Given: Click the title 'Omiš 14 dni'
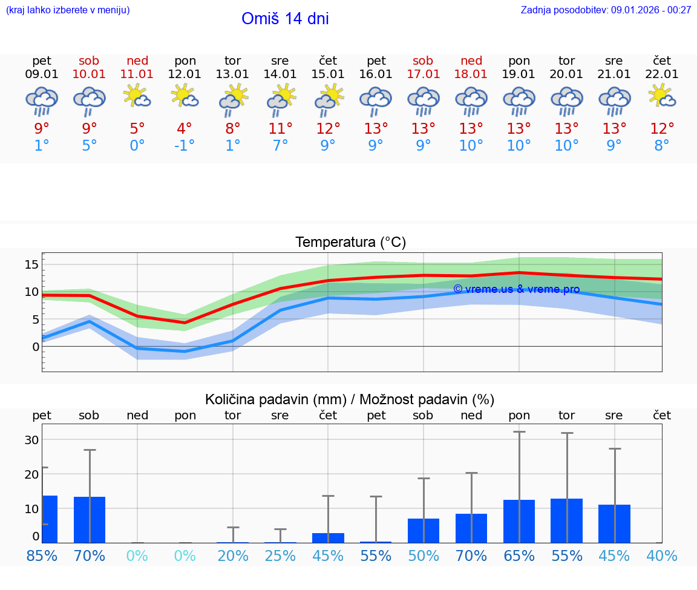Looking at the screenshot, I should (x=285, y=19).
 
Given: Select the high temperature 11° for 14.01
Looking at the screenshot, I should (x=280, y=129).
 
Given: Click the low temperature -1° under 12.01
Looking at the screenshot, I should (x=185, y=146).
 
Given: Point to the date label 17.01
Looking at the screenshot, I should (x=423, y=74).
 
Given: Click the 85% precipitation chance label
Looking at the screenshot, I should (x=42, y=556).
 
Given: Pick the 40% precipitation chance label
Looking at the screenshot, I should (x=662, y=556).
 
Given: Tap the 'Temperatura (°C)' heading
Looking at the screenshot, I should (x=350, y=243).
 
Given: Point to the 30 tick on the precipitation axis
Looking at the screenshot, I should (x=31, y=440).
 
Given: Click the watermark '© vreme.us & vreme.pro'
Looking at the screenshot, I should (x=516, y=289).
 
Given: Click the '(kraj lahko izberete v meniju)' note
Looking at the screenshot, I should (x=68, y=10).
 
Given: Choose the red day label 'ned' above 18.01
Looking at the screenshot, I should (x=471, y=61).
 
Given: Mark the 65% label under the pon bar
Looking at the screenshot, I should (x=519, y=556).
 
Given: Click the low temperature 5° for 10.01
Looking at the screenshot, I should (x=90, y=146).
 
